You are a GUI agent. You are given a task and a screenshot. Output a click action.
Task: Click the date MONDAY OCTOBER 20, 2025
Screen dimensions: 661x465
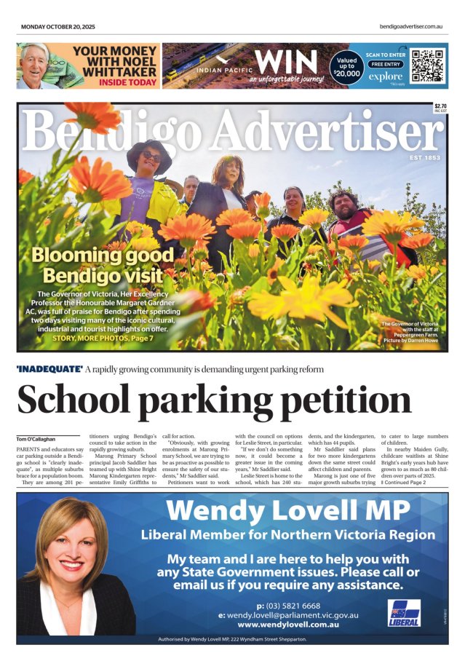(x=57, y=27)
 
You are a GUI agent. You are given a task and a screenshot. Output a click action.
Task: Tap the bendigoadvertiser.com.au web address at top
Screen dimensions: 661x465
(x=411, y=27)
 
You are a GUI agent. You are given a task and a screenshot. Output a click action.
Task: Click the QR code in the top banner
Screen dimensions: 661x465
(x=427, y=66)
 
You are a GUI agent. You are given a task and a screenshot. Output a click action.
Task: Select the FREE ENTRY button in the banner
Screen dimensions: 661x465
(x=385, y=64)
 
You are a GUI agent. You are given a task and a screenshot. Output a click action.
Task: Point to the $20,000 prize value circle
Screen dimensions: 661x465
(x=347, y=68)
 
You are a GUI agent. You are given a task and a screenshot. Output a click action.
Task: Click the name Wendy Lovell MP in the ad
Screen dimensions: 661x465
(x=287, y=510)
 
